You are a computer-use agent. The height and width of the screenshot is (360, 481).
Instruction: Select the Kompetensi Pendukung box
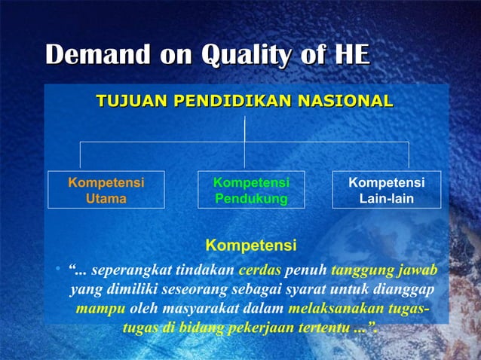(x=251, y=191)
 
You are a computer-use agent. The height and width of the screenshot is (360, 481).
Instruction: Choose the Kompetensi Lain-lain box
(x=386, y=191)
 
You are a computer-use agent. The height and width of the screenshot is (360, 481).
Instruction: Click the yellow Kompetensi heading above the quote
(x=251, y=246)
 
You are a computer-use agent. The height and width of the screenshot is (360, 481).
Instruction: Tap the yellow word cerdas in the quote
(x=260, y=270)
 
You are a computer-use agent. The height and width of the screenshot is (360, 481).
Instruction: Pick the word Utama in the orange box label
(x=106, y=199)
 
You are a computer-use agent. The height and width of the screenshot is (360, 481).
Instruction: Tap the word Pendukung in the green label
(x=251, y=199)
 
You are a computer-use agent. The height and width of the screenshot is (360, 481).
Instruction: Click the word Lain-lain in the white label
(x=386, y=199)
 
